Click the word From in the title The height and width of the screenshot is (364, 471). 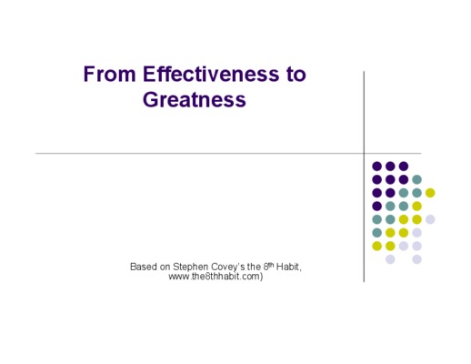tap(109, 74)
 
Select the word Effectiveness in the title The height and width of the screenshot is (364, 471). tap(211, 74)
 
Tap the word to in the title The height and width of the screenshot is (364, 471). tap(296, 75)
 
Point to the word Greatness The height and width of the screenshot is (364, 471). tap(195, 99)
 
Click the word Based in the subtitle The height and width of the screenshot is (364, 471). tap(144, 267)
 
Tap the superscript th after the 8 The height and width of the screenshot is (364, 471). tap(271, 265)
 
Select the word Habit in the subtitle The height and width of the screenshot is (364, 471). tap(287, 267)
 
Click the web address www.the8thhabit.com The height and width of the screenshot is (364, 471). tap(214, 277)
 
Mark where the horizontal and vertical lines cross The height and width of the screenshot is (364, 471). tap(364, 154)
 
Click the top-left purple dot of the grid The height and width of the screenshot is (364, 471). tap(376, 167)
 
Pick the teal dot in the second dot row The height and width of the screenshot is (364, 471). tap(416, 179)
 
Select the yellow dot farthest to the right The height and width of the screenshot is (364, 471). tap(430, 193)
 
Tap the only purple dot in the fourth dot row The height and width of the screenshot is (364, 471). tap(376, 206)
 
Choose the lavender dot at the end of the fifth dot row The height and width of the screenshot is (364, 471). tap(430, 219)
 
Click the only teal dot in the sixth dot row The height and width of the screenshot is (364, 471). tap(376, 233)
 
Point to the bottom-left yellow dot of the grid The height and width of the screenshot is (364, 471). tap(376, 246)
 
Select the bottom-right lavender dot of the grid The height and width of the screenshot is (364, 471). tap(416, 259)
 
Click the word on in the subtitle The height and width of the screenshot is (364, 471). tap(165, 268)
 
